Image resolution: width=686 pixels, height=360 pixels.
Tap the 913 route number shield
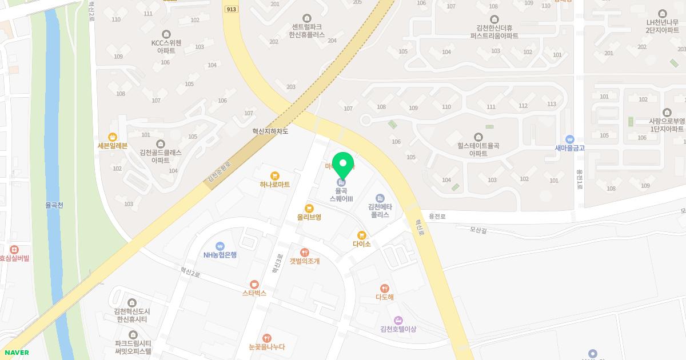click(232, 9)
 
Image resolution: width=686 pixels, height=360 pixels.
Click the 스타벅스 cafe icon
click(254, 284)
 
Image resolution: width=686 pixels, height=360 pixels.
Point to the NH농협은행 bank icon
click(220, 246)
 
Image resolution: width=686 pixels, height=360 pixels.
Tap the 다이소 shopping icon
click(361, 235)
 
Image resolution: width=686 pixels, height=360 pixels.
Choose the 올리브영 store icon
click(309, 209)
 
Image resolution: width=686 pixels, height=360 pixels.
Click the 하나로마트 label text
click(274, 185)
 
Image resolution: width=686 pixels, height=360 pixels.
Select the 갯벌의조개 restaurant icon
click(305, 252)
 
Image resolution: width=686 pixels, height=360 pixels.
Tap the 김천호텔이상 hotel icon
click(398, 320)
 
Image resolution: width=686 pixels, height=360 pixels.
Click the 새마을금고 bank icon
click(569, 139)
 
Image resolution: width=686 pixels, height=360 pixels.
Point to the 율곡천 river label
click(55, 204)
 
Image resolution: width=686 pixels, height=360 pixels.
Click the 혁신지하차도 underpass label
click(270, 131)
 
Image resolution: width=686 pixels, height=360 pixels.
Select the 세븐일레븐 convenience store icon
click(113, 137)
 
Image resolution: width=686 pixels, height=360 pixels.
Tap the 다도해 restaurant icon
click(385, 289)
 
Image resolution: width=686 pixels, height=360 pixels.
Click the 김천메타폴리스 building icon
click(380, 198)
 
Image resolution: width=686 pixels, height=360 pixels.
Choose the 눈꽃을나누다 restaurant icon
click(266, 338)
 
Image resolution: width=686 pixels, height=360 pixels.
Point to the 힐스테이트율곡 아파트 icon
click(478, 136)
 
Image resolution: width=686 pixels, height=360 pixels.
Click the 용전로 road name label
click(437, 217)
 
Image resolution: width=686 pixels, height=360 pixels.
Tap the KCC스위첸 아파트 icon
click(166, 34)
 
